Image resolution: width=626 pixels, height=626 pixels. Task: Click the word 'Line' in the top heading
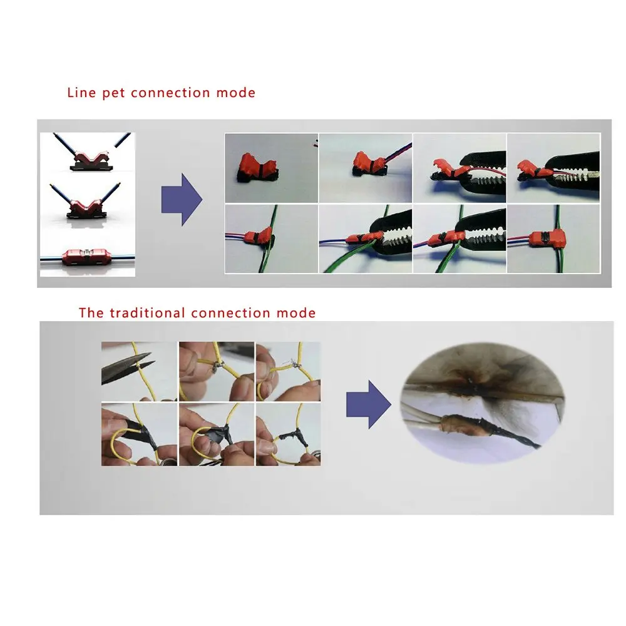pos(81,93)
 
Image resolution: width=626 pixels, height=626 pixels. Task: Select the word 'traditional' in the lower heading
pos(147,312)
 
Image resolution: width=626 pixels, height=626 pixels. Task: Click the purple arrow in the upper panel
pos(182,200)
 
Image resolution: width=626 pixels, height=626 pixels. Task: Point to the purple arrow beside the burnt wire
pos(368,404)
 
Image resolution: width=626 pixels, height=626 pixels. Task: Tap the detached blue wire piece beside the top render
pos(123,140)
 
